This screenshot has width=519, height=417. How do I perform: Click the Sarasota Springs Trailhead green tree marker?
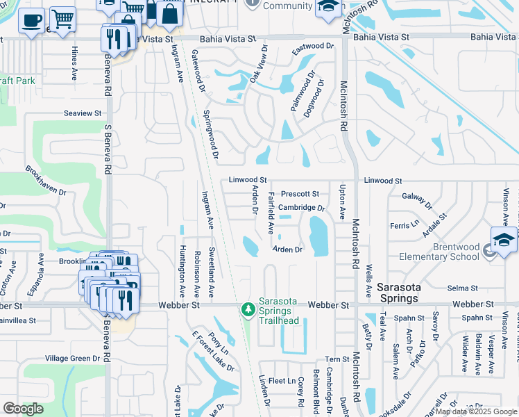[246, 309]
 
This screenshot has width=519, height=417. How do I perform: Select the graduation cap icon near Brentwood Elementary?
[504, 239]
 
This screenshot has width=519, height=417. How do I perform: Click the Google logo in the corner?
[23, 409]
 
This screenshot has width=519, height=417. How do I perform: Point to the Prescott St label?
[300, 194]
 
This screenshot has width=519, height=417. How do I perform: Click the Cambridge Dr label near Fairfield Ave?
[302, 208]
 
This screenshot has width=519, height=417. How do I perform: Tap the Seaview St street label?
[83, 113]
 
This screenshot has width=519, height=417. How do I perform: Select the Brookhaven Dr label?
[46, 179]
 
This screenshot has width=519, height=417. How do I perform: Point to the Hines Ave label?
[74, 63]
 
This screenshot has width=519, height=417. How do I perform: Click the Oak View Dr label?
[258, 64]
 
